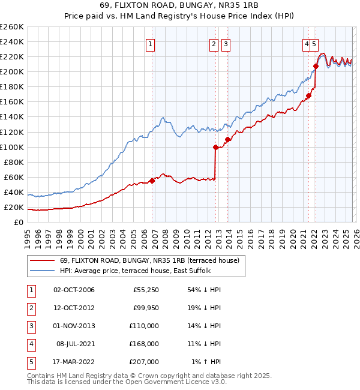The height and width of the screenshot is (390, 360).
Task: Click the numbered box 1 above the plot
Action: click(x=149, y=43)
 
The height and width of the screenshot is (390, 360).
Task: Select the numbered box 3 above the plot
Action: click(x=226, y=43)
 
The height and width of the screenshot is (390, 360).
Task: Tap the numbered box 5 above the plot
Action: click(x=314, y=43)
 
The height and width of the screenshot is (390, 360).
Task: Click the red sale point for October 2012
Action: click(x=215, y=146)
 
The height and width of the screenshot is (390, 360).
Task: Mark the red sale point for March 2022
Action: click(x=316, y=65)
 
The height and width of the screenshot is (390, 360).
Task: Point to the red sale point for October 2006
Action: click(x=152, y=180)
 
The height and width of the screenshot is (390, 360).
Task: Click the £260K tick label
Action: click(x=12, y=26)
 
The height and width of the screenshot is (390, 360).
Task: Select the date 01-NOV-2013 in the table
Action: click(x=74, y=326)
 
